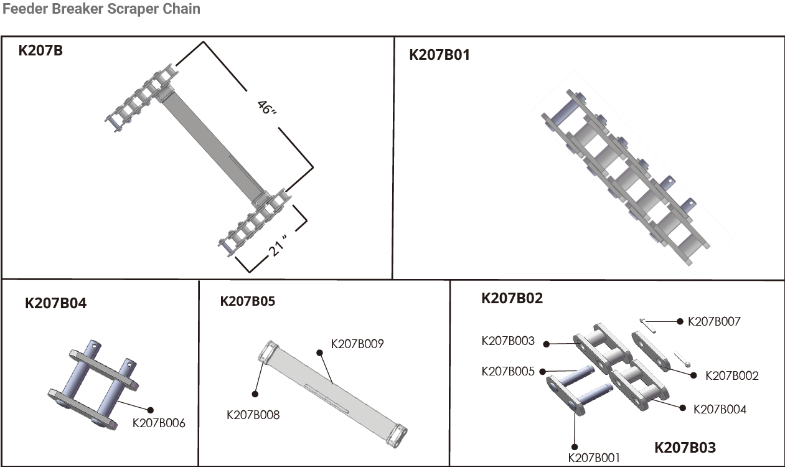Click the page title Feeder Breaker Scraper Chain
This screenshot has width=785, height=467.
(x=101, y=9)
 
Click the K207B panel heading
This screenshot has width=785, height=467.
(x=40, y=50)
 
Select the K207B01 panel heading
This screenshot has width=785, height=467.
(x=439, y=55)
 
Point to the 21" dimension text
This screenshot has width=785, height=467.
(x=278, y=245)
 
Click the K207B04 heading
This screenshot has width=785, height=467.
(x=55, y=304)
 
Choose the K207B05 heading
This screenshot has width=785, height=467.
(x=247, y=301)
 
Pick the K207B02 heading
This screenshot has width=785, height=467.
(x=512, y=298)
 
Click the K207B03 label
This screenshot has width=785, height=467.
(x=685, y=447)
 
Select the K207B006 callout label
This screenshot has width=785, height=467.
(x=159, y=423)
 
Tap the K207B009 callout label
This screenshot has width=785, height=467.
(x=357, y=343)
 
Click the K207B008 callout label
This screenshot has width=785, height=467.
(x=253, y=414)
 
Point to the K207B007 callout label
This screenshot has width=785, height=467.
(x=714, y=321)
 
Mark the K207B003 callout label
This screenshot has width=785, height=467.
(x=508, y=341)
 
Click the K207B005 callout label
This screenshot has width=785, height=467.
(x=508, y=372)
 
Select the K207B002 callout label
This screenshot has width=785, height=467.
(x=731, y=375)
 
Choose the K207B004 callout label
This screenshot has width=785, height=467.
(x=720, y=409)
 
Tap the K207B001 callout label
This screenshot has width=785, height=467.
(x=594, y=458)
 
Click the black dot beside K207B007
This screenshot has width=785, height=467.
(x=680, y=321)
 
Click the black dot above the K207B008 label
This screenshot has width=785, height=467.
(x=255, y=394)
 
